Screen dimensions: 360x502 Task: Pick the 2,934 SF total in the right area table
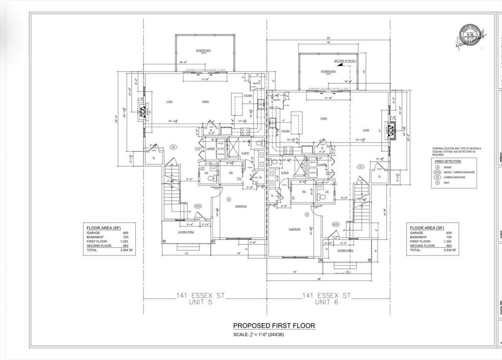click(450, 250)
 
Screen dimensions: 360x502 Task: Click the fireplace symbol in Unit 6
click(391, 129)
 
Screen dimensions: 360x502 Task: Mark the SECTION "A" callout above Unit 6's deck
click(345, 61)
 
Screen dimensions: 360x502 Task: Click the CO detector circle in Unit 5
click(173, 146)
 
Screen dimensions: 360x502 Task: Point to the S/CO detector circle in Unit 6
click(335, 224)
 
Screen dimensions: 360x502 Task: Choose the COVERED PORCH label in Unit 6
click(346, 250)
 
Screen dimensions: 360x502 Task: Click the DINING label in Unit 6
click(324, 118)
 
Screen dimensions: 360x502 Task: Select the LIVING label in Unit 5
click(169, 101)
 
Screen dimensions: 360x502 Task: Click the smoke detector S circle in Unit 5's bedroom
click(229, 199)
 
